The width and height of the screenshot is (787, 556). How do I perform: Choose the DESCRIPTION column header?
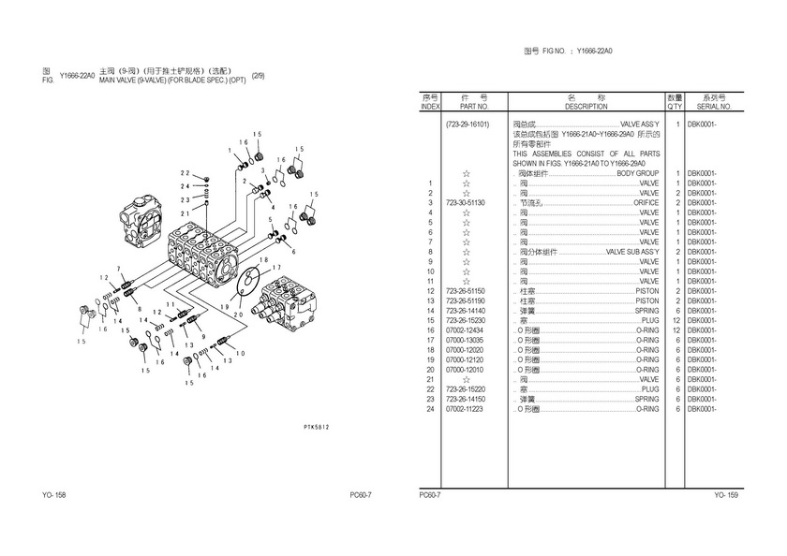click(586, 107)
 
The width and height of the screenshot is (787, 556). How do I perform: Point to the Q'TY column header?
click(675, 107)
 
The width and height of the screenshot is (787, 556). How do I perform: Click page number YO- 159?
click(727, 495)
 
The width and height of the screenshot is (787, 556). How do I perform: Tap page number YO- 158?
click(53, 495)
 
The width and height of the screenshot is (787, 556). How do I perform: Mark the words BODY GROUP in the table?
click(637, 173)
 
